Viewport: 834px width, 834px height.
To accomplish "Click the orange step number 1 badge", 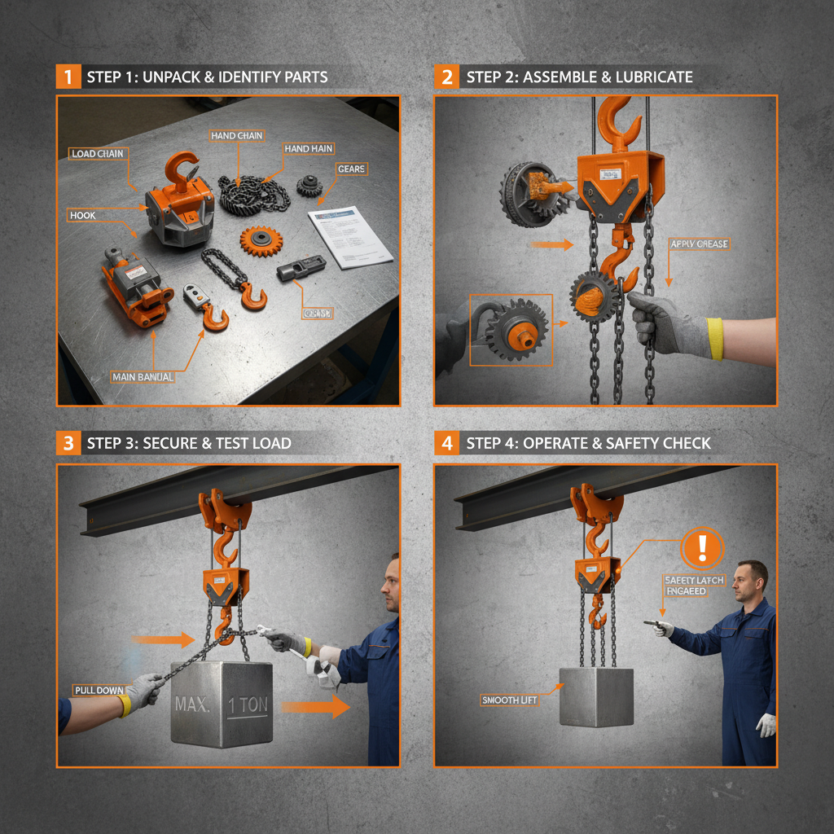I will pos(68,77).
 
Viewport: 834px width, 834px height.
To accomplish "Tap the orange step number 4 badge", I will pos(446,443).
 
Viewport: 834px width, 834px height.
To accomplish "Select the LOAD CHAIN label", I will pos(98,154).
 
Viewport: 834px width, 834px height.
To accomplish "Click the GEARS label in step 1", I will pos(351,169).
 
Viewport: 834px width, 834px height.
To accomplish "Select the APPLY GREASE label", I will pos(699,244).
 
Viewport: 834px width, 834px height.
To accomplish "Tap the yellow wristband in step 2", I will pos(714,339).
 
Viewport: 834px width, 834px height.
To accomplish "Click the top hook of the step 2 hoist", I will pos(616,122).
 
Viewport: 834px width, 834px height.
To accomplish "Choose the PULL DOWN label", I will pos(99,691).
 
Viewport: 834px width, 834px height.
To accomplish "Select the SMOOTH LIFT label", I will pos(509,700).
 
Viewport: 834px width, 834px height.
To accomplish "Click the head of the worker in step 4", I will pos(749,579).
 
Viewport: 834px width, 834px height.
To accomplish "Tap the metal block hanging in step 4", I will pos(596,696).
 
